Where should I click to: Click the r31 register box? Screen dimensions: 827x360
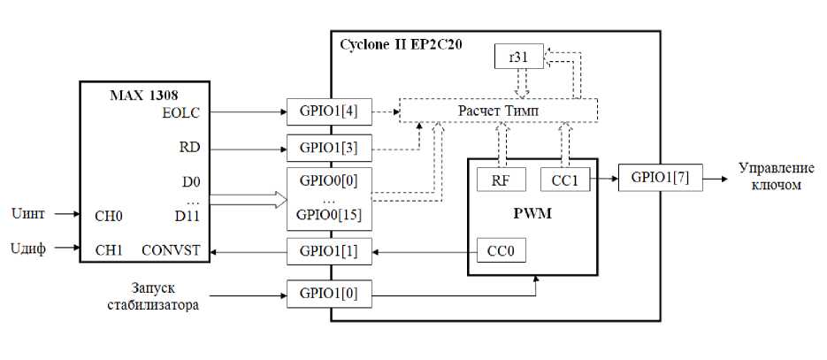(x=518, y=56)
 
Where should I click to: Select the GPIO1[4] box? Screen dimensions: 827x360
(x=329, y=111)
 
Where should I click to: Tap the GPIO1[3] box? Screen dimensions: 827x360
(x=329, y=148)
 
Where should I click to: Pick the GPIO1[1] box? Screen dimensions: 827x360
(x=329, y=251)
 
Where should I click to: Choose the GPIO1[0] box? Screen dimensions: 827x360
(x=329, y=294)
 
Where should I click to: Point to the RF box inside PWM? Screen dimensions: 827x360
(x=502, y=180)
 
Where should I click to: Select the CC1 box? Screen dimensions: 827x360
(x=565, y=180)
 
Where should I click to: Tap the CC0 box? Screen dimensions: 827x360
(x=502, y=250)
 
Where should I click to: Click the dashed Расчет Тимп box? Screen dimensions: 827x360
(x=499, y=111)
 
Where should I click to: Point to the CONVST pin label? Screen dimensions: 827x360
(x=172, y=249)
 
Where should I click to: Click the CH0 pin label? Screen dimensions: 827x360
(x=109, y=216)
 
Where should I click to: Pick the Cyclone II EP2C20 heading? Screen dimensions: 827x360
(x=402, y=44)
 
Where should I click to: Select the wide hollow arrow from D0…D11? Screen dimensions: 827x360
(x=249, y=200)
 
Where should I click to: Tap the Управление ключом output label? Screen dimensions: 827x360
(x=776, y=176)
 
